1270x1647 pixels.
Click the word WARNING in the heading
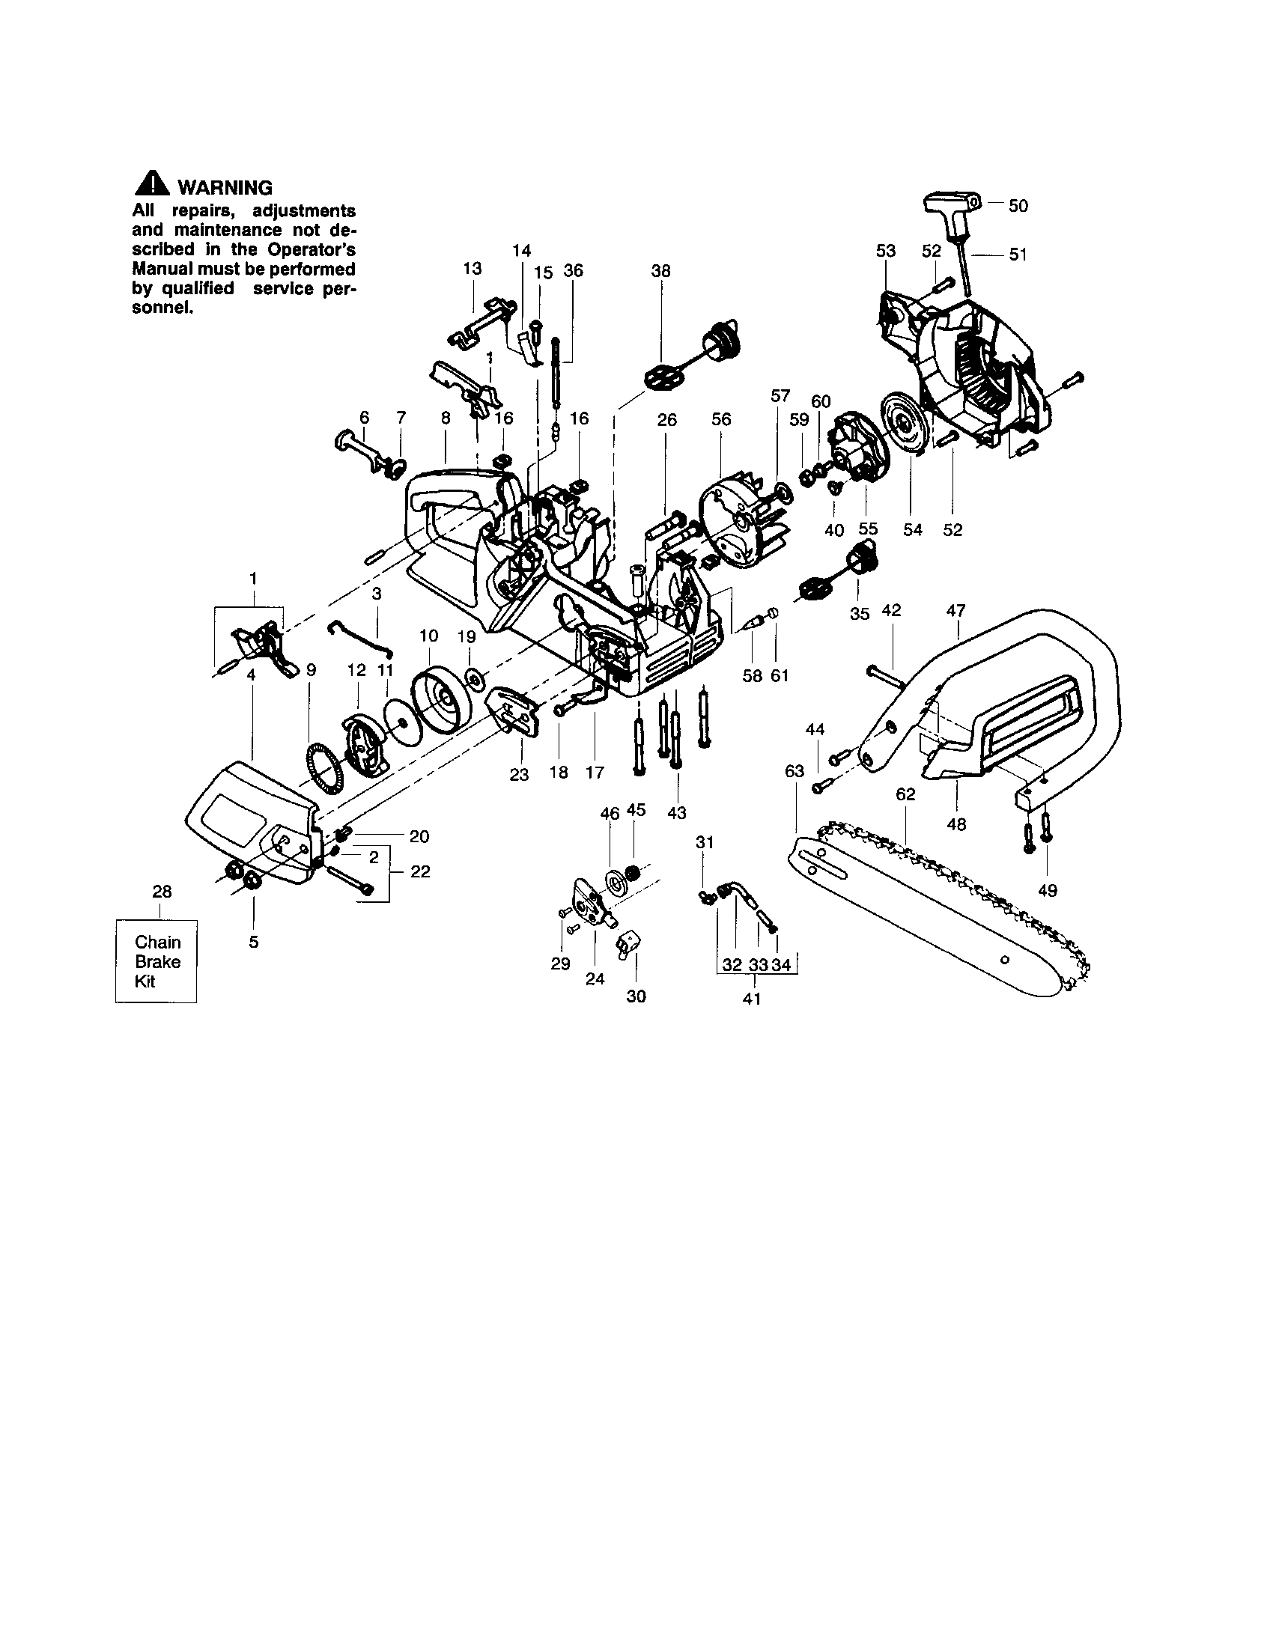tap(224, 188)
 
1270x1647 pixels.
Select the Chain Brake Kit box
tap(156, 961)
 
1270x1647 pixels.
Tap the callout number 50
tap(1018, 206)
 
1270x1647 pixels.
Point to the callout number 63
tap(794, 770)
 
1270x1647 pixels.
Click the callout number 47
tap(955, 611)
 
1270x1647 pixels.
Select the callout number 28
tap(162, 892)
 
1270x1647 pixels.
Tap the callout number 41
tap(752, 999)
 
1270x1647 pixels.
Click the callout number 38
tap(660, 271)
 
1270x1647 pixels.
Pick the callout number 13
tap(472, 269)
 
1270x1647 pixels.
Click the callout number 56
tap(721, 419)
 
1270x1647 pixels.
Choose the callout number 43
tap(676, 813)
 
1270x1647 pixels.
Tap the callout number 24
tap(595, 979)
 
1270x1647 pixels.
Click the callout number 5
tap(253, 942)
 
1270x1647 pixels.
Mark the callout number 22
tap(420, 871)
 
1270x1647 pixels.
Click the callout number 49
tap(1047, 891)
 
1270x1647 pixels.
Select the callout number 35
tap(859, 614)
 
